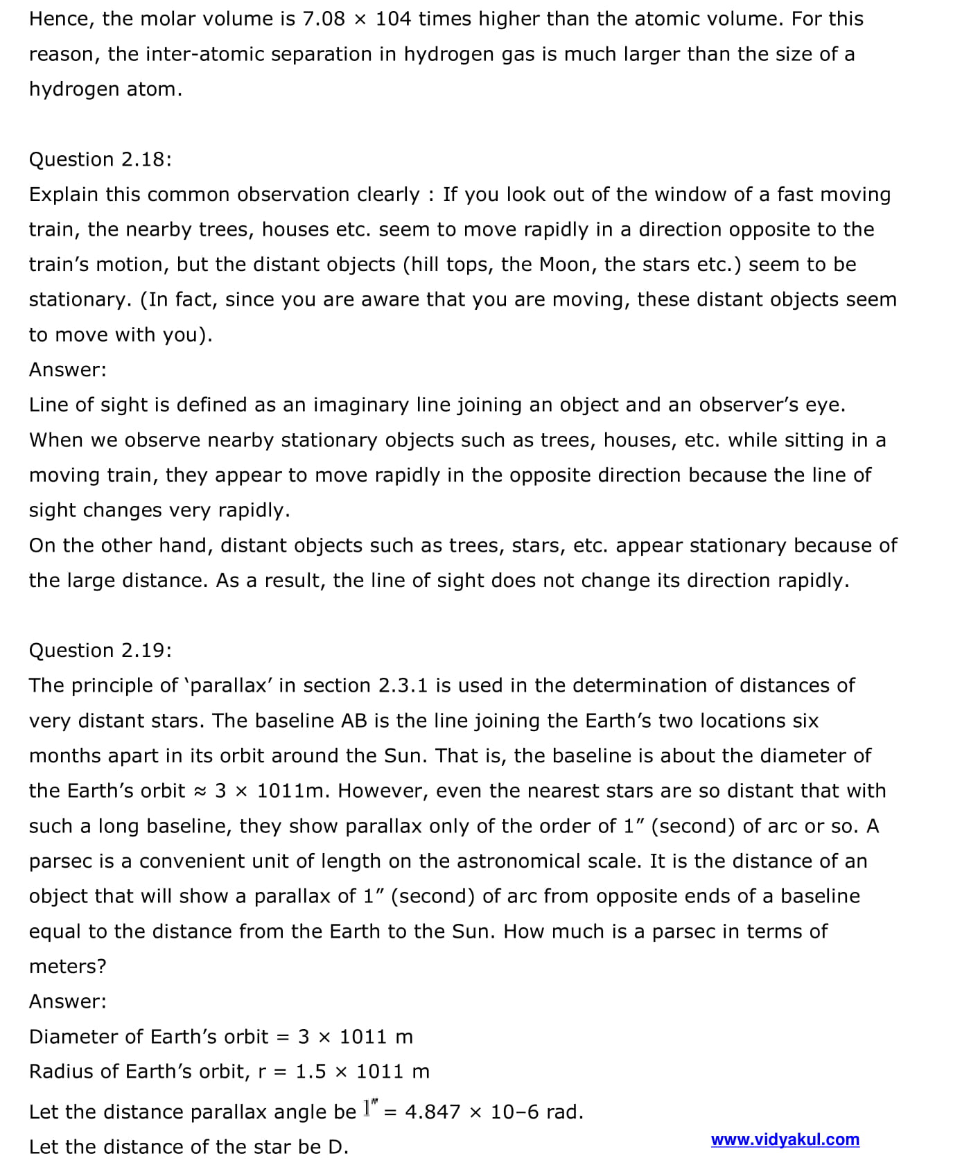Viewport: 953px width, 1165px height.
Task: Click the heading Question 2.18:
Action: coord(100,159)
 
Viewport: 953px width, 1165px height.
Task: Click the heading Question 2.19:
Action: coord(100,650)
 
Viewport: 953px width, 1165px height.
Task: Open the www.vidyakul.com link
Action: coord(785,1139)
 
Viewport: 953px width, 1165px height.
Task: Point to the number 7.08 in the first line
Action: coord(324,19)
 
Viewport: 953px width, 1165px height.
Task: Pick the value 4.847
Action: coord(432,1112)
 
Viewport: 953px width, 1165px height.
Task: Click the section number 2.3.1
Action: coord(403,685)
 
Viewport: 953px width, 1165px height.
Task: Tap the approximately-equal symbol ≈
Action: coord(200,791)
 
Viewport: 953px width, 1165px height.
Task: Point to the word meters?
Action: coord(67,966)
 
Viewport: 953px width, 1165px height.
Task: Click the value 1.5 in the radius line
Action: coord(311,1071)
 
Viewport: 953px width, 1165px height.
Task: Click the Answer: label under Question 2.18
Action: coord(68,369)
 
